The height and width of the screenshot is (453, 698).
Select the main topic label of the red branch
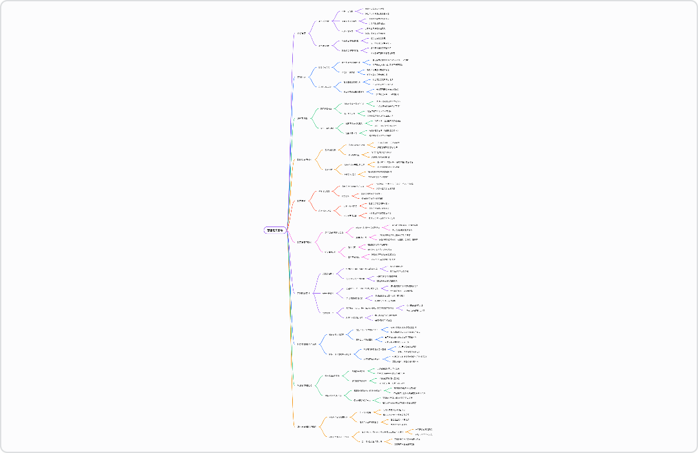pyautogui.click(x=301, y=201)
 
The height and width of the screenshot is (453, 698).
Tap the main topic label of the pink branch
pyautogui.click(x=304, y=242)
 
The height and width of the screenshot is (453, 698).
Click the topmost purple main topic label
pyautogui.click(x=301, y=33)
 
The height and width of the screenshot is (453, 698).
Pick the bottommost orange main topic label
pyautogui.click(x=306, y=427)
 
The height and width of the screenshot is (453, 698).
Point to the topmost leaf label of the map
pyautogui.click(x=374, y=8)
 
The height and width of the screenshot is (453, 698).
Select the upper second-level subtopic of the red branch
pyautogui.click(x=324, y=192)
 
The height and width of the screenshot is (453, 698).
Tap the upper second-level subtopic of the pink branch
pyautogui.click(x=334, y=232)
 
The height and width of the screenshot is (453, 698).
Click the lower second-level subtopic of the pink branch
pyautogui.click(x=330, y=252)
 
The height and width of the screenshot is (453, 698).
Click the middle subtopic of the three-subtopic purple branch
pyautogui.click(x=331, y=293)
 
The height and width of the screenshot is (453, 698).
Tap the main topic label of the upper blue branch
pyautogui.click(x=301, y=77)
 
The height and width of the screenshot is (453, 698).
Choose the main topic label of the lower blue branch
pyautogui.click(x=306, y=344)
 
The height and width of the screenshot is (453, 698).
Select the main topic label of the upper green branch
pyautogui.click(x=302, y=119)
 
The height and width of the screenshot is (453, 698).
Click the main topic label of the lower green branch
pyautogui.click(x=304, y=385)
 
